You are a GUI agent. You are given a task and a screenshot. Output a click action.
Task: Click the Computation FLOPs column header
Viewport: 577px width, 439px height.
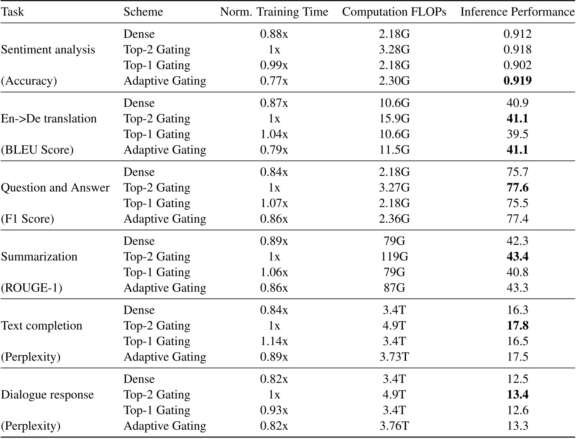click(x=394, y=12)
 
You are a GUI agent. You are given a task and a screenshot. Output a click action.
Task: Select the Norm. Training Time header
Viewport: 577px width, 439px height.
click(x=274, y=12)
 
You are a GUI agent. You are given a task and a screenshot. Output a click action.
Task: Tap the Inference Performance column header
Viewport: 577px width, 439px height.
click(x=517, y=12)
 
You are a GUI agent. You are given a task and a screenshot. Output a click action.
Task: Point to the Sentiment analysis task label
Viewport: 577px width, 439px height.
click(x=48, y=49)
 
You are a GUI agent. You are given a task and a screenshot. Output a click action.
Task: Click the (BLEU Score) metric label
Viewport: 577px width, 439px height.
click(x=37, y=150)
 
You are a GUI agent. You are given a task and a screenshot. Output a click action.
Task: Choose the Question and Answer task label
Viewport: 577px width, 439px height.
click(x=55, y=187)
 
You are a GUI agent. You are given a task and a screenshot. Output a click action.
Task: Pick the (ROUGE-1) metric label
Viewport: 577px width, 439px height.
click(x=31, y=288)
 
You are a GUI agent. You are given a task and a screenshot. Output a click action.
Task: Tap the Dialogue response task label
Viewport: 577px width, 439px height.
click(x=47, y=395)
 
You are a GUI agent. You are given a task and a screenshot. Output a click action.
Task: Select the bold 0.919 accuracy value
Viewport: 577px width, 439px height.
click(x=517, y=81)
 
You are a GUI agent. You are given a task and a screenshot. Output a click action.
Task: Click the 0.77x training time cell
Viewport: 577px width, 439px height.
click(x=274, y=81)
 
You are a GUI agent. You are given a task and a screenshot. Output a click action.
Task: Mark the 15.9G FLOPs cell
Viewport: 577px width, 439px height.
click(x=394, y=119)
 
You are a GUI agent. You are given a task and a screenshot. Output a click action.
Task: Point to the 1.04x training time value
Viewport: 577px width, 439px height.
click(x=274, y=134)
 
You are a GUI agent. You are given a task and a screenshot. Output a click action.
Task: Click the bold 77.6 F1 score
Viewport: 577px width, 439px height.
click(x=517, y=187)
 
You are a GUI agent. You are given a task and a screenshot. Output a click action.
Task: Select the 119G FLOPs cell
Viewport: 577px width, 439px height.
click(x=394, y=257)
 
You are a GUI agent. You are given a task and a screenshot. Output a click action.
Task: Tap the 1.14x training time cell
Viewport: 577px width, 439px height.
click(x=274, y=341)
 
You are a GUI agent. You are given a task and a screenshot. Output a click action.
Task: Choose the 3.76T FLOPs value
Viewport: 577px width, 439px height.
click(x=394, y=426)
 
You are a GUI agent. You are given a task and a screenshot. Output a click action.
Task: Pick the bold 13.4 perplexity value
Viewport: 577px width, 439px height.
click(x=517, y=395)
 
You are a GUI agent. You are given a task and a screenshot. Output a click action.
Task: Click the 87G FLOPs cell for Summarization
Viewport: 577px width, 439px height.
click(x=394, y=288)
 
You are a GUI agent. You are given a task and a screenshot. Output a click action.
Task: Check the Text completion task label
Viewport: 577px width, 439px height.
click(x=41, y=326)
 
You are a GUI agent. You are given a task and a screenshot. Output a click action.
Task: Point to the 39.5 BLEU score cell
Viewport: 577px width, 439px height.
click(x=517, y=134)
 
